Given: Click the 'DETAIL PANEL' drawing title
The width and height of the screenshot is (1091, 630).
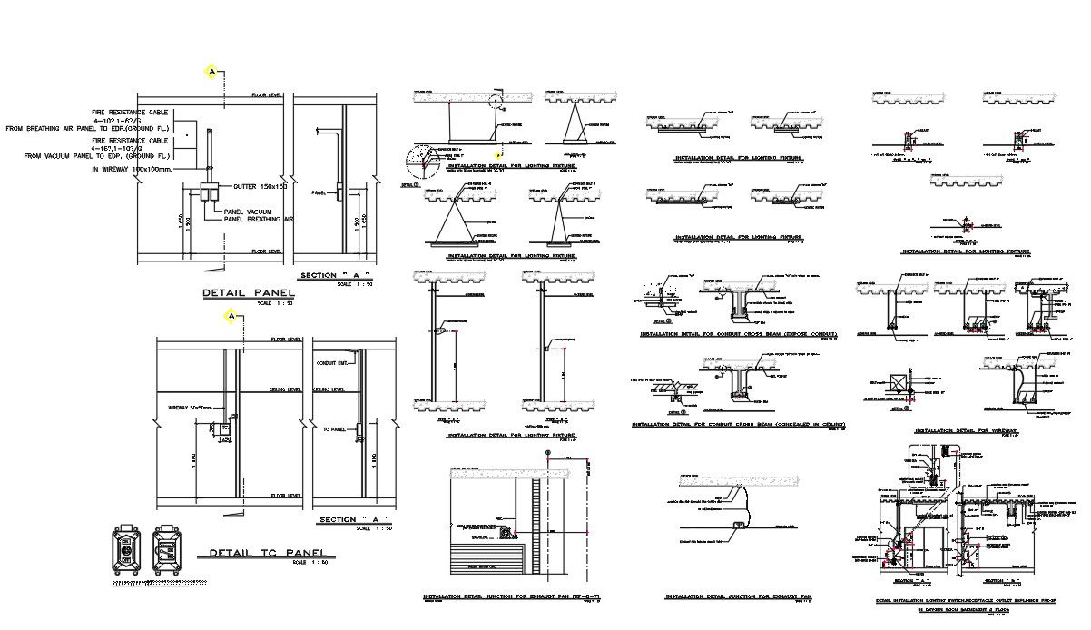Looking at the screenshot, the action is pyautogui.click(x=247, y=293).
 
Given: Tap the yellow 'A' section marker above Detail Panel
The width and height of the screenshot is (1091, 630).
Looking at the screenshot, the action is pyautogui.click(x=212, y=71).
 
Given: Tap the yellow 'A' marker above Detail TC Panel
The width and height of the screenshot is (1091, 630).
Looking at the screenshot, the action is pyautogui.click(x=232, y=316).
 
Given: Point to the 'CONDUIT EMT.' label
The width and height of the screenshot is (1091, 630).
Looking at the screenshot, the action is pyautogui.click(x=333, y=363).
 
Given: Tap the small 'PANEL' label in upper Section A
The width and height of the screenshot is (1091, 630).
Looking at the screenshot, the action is pyautogui.click(x=318, y=193).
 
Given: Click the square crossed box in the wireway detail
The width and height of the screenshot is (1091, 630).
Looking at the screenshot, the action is pyautogui.click(x=901, y=382).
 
